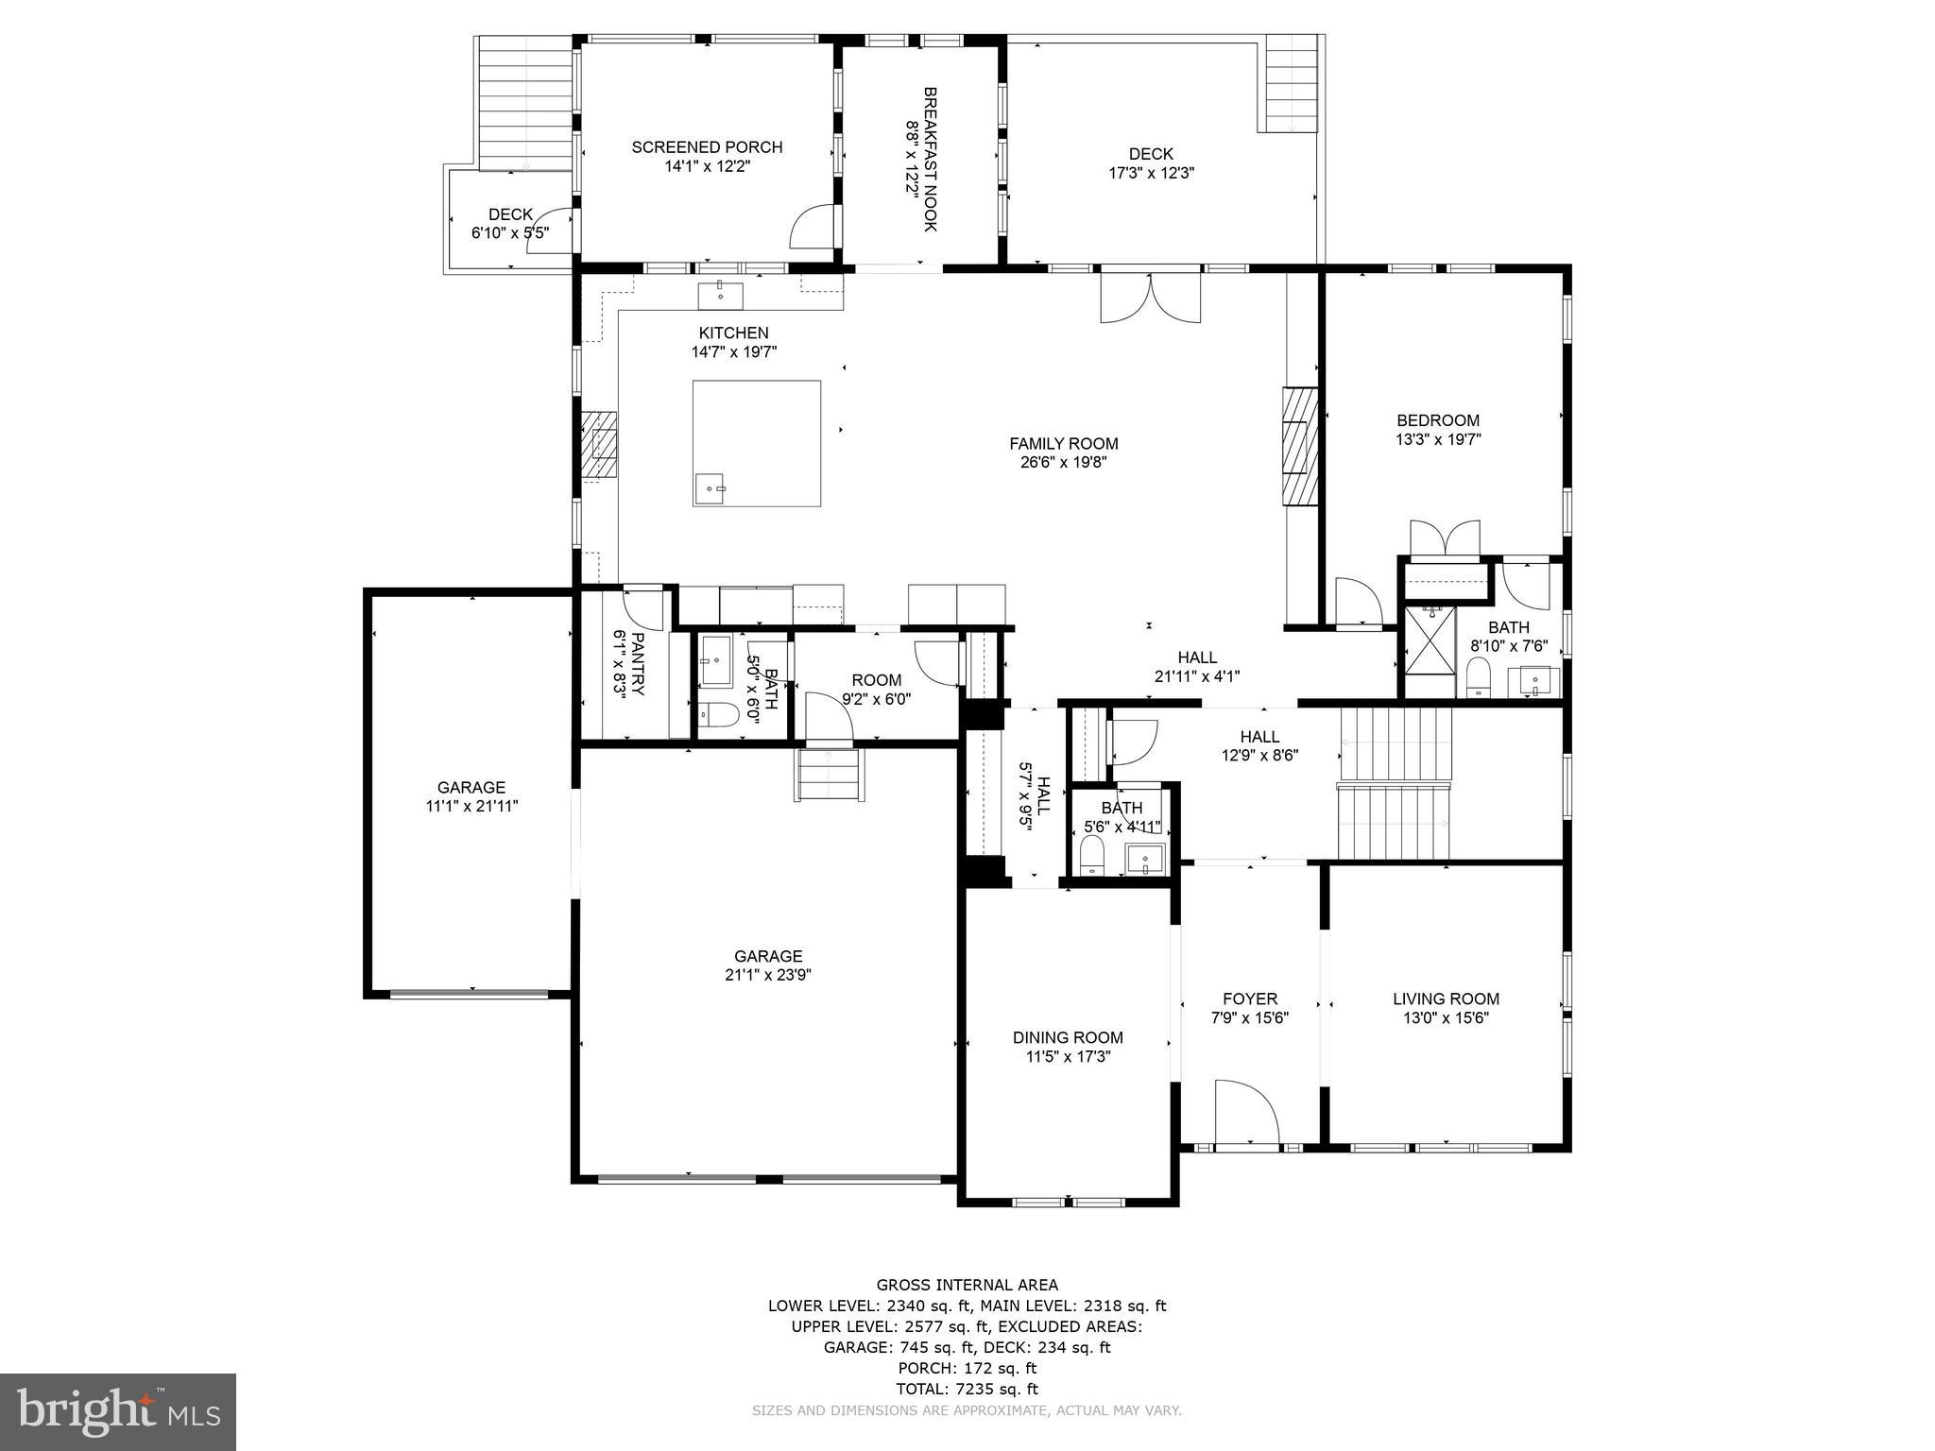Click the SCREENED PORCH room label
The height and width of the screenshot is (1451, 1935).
707,147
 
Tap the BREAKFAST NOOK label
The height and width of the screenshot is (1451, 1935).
930,159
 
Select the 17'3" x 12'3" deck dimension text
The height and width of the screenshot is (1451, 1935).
1151,174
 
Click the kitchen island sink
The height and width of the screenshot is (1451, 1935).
710,488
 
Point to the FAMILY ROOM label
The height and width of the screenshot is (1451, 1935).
1063,444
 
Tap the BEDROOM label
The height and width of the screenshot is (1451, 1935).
1438,421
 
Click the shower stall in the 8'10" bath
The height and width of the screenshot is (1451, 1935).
1429,653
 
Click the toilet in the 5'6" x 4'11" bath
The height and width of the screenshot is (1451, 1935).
1091,857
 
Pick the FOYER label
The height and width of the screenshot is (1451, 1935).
1249,999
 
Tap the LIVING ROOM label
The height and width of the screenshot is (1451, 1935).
1446,999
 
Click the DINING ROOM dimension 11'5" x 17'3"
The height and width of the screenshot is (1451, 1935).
1068,1057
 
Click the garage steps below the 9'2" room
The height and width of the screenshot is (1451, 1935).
829,775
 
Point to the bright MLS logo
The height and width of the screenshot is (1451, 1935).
117,1411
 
